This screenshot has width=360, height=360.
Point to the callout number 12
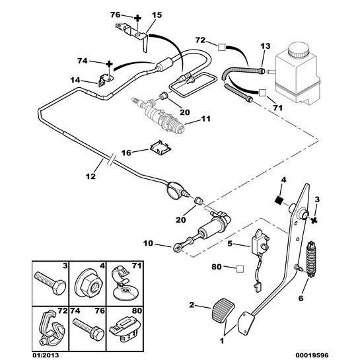pyautogui.click(x=90, y=176)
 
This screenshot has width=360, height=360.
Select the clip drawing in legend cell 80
pyautogui.click(x=122, y=324)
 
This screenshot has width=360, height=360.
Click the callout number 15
pyautogui.click(x=156, y=15)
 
